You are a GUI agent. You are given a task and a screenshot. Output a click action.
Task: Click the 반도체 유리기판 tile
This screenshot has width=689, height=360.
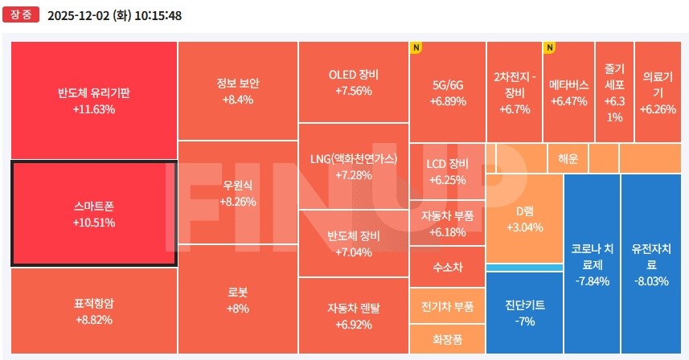(93, 100)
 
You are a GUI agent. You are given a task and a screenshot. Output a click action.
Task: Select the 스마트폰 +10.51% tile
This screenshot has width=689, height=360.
(93, 213)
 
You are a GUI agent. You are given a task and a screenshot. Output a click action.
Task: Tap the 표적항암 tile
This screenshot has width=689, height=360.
(93, 311)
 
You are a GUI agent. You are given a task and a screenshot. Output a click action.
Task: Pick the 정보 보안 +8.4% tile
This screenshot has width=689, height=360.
(237, 91)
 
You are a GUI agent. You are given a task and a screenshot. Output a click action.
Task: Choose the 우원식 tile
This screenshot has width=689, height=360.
(237, 192)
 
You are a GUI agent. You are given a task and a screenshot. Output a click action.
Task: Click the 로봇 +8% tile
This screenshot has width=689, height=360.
(237, 299)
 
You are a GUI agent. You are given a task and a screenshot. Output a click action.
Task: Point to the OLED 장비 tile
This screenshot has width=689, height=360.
(354, 82)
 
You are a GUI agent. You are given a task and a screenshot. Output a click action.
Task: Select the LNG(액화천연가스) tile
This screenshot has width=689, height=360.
(354, 166)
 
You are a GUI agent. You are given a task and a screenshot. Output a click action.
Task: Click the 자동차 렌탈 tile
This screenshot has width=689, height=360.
(354, 315)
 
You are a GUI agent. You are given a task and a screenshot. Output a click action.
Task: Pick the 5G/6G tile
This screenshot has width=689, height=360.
(448, 92)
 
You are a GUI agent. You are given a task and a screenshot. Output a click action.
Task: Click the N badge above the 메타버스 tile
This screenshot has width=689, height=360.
(550, 47)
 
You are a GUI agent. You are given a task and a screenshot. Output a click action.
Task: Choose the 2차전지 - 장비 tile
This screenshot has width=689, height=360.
(514, 92)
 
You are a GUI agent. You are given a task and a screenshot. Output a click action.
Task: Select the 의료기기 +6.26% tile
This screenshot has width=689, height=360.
(658, 92)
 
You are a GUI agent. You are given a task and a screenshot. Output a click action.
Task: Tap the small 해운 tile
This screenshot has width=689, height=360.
(568, 158)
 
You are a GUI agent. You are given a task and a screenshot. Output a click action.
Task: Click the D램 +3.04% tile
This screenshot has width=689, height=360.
(525, 219)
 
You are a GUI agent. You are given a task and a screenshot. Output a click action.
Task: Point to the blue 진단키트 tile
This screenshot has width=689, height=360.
(525, 313)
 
